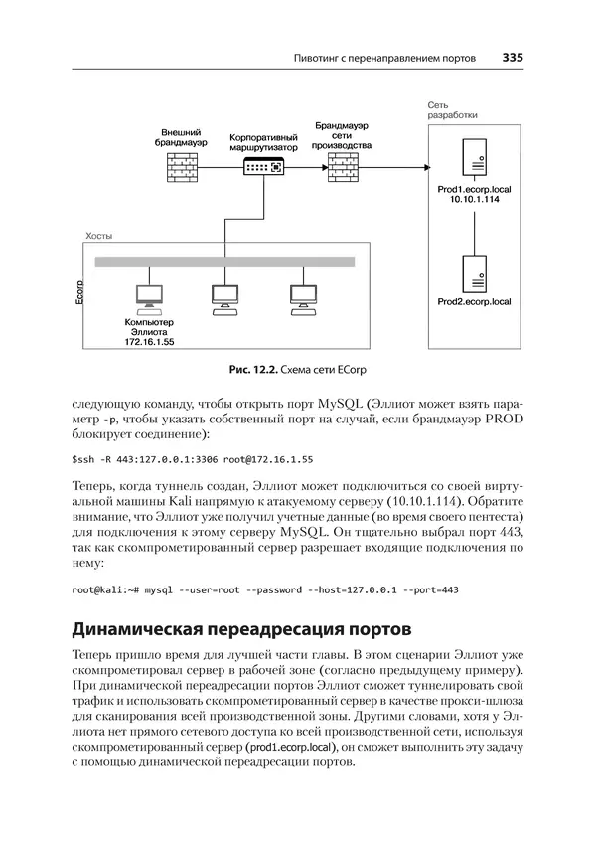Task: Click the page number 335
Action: coord(513,57)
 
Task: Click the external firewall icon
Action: coord(182,166)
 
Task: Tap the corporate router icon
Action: coord(263,166)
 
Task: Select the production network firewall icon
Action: coord(343,166)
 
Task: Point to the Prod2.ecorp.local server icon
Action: coord(474,271)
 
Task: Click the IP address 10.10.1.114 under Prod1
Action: coord(474,199)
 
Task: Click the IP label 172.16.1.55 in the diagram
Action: coord(149,341)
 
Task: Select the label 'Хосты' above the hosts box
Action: coord(99,236)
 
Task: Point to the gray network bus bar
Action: coord(224,262)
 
